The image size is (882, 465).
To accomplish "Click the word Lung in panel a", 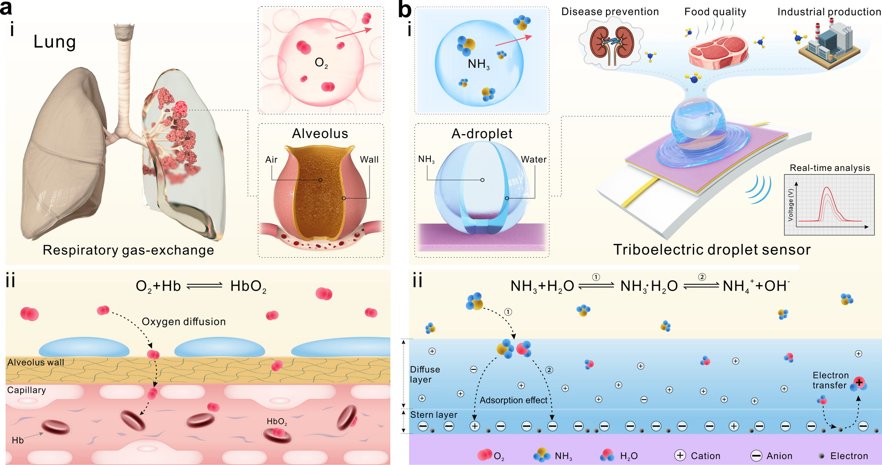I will pyautogui.click(x=55, y=42).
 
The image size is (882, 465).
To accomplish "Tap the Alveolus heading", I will pyautogui.click(x=320, y=134).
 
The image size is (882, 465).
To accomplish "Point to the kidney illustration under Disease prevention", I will pyautogui.click(x=612, y=46).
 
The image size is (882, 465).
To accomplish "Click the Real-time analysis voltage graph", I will pyautogui.click(x=829, y=205).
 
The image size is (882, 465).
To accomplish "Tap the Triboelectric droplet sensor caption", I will pyautogui.click(x=712, y=250).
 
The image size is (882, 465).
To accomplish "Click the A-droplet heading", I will pyautogui.click(x=482, y=134).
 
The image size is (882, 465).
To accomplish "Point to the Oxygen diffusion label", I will pyautogui.click(x=183, y=322).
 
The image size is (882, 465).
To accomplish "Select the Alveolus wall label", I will pyautogui.click(x=36, y=362).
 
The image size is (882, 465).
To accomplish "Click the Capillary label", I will pyautogui.click(x=26, y=390).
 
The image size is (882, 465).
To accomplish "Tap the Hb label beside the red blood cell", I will pyautogui.click(x=18, y=440).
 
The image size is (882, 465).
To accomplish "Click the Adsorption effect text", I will pyautogui.click(x=513, y=400).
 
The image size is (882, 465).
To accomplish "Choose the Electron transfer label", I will pyautogui.click(x=830, y=380).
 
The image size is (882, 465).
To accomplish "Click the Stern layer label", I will pyautogui.click(x=434, y=415).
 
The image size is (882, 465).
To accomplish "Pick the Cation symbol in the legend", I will pyautogui.click(x=680, y=456).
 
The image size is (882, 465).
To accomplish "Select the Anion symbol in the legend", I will pyautogui.click(x=756, y=456).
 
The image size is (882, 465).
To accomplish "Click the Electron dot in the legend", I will pyautogui.click(x=821, y=456).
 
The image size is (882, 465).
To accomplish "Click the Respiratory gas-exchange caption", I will pyautogui.click(x=128, y=250).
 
